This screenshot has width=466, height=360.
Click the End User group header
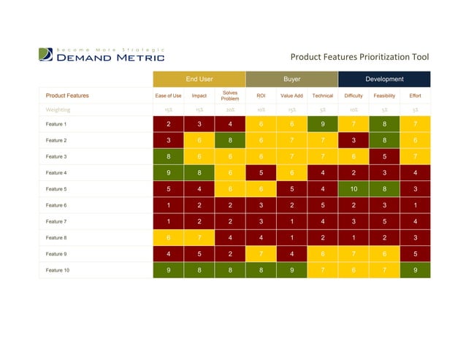(199, 79)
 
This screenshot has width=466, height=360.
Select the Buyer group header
(291, 79)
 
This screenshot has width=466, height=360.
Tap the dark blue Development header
(384, 79)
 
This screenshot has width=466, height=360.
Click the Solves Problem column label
(229, 96)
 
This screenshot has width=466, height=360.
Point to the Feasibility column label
(384, 96)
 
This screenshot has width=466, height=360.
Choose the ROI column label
(261, 96)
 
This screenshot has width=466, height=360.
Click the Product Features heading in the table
(67, 96)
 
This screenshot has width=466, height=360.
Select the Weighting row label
(58, 110)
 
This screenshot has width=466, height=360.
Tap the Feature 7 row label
(56, 221)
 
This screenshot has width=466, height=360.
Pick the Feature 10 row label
(57, 270)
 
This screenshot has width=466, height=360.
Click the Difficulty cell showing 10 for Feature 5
(354, 189)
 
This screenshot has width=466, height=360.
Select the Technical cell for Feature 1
(322, 124)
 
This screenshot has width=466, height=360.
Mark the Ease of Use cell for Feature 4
(168, 173)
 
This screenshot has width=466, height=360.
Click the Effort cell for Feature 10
(415, 270)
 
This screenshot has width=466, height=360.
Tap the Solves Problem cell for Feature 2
(229, 140)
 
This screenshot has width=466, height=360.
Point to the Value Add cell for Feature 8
(291, 237)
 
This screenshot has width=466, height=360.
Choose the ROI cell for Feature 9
(261, 254)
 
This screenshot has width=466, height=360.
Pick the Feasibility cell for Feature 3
(384, 156)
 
